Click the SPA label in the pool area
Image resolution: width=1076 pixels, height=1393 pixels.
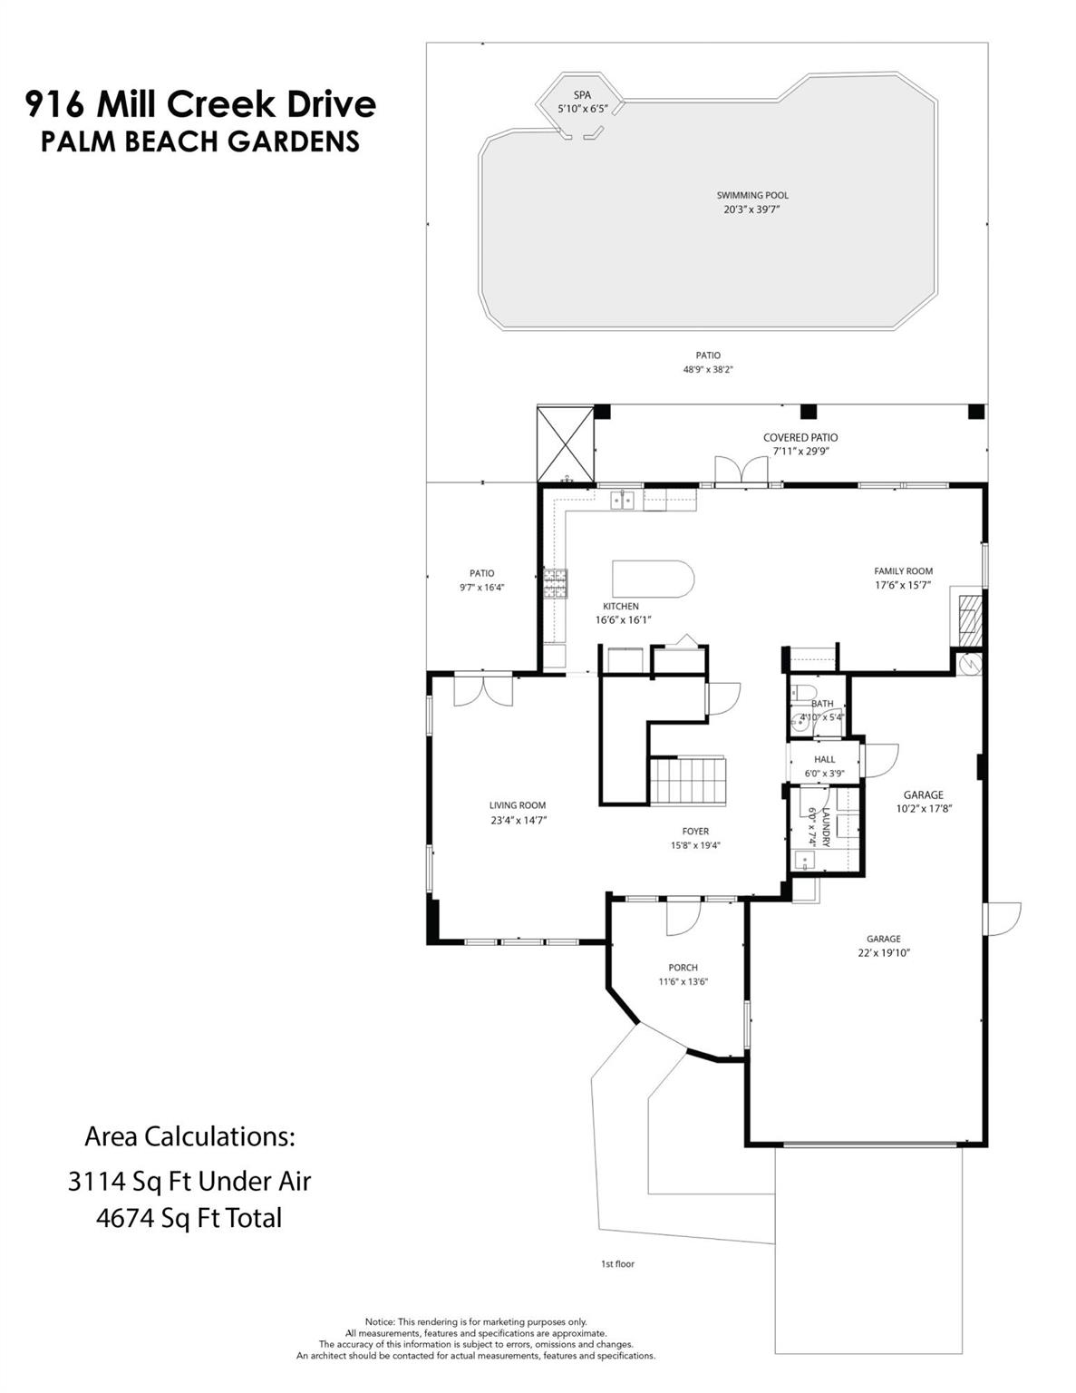point(582,95)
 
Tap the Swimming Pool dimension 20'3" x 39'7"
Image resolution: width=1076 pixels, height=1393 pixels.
point(752,209)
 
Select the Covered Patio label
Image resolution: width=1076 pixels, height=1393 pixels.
point(800,437)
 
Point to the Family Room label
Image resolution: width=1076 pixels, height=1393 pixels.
point(903,571)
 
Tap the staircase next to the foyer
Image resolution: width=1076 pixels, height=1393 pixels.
point(688,781)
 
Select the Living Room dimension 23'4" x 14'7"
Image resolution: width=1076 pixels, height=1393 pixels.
point(518,820)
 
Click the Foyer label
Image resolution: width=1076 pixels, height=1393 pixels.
point(695,831)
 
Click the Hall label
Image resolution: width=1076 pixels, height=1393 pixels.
point(824,760)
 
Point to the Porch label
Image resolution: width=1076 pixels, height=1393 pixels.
point(683,968)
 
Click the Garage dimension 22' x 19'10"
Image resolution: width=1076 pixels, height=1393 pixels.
point(883,953)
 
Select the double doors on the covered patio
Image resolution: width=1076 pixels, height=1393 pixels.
point(741,471)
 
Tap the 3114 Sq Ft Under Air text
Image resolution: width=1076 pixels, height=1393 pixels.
point(189,1181)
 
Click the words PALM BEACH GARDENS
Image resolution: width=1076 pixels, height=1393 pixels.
point(200,142)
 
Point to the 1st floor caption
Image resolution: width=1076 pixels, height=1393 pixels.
point(617,1263)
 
